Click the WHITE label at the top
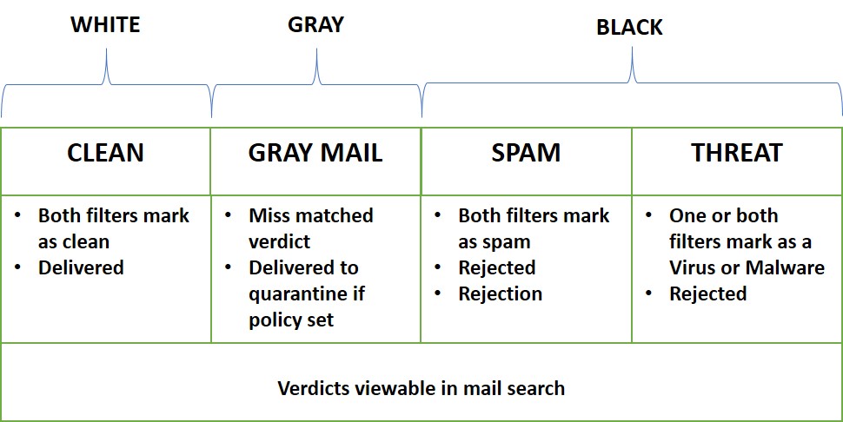click(x=105, y=25)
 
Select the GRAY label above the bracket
click(x=315, y=25)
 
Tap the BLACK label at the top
click(x=629, y=28)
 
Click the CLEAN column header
click(x=105, y=154)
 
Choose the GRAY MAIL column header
click(x=315, y=154)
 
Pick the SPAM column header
click(x=526, y=154)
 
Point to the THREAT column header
click(x=736, y=154)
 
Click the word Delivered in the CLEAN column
click(x=81, y=268)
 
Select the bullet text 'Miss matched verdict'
click(x=310, y=228)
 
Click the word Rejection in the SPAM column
click(x=500, y=294)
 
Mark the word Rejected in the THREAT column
click(x=707, y=294)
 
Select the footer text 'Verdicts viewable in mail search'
click(x=421, y=388)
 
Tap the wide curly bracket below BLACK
click(x=632, y=82)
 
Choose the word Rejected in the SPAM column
click(x=496, y=268)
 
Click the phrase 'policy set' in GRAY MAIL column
click(x=291, y=320)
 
